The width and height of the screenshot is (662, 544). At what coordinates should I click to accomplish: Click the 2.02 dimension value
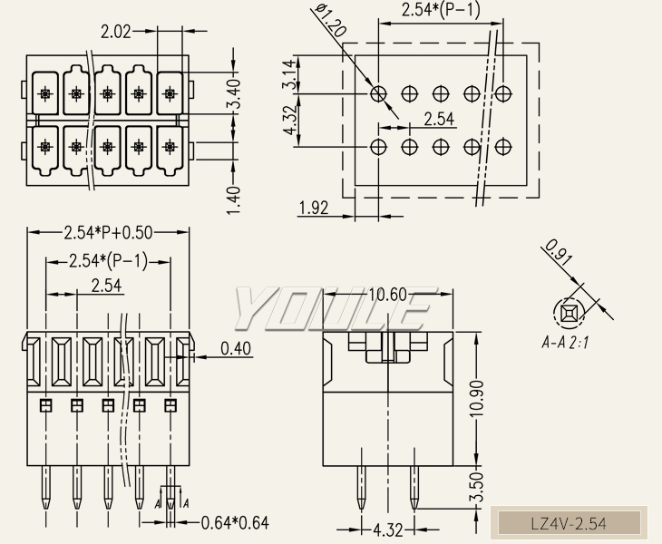click(116, 32)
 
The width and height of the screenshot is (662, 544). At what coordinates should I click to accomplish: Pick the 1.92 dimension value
click(313, 209)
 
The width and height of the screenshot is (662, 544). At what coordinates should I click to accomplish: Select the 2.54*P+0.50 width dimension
click(108, 231)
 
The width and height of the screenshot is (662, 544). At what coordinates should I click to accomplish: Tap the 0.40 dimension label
click(236, 348)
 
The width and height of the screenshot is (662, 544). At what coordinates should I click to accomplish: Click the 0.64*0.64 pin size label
click(235, 522)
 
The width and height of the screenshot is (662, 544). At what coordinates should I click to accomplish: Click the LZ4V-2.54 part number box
click(568, 523)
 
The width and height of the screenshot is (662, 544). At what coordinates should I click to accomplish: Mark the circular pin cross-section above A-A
click(570, 313)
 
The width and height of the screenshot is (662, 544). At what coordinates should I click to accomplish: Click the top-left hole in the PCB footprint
click(379, 92)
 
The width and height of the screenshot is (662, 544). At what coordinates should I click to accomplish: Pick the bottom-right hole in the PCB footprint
click(503, 145)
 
